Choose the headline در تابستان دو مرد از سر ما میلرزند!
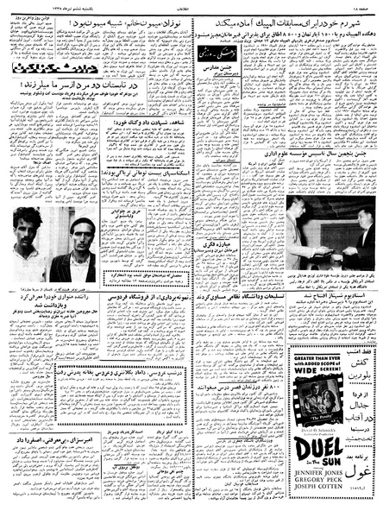[57, 87]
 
